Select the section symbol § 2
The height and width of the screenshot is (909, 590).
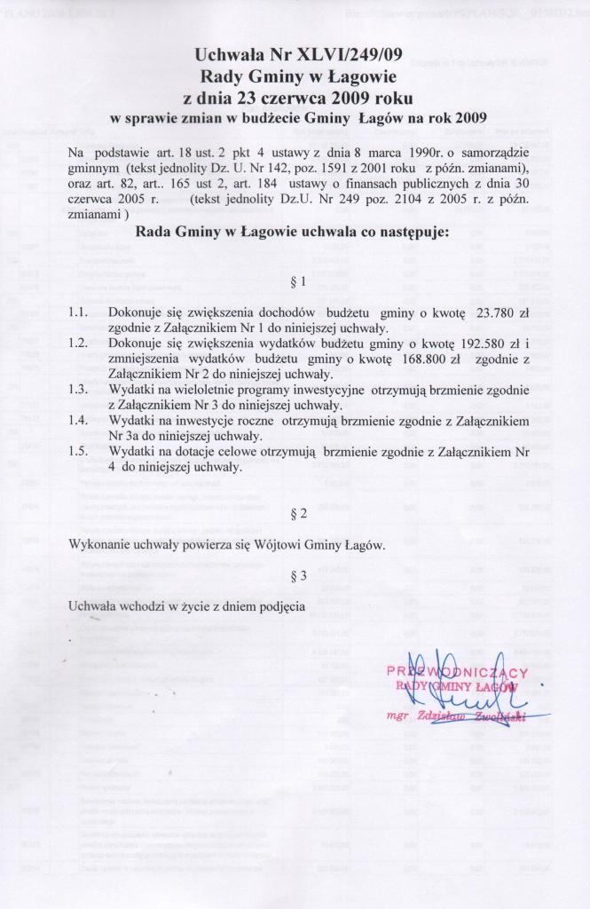pos(298,514)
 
